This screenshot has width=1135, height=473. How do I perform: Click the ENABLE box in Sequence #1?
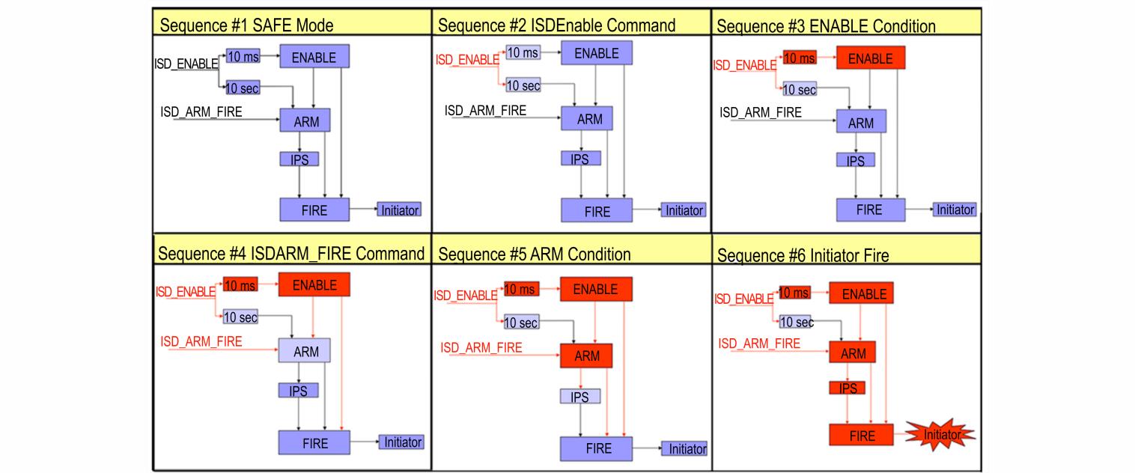coord(314,56)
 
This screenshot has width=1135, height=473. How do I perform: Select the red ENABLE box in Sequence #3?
coord(871,58)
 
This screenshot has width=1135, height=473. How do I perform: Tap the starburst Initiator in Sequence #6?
coord(940,435)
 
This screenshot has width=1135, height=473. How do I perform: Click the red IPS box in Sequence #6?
coord(848,388)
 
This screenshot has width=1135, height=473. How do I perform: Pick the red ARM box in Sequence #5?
coord(586,355)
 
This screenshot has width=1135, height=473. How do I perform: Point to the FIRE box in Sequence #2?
coord(597,210)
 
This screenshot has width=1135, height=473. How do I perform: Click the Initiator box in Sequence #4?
coord(402,442)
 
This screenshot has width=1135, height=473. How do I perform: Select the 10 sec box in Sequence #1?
coord(243,88)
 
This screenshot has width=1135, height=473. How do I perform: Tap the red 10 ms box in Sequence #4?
coord(240,284)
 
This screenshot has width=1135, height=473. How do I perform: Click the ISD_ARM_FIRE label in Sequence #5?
coord(481,347)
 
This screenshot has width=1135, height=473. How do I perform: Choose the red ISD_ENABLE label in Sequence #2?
coord(467,60)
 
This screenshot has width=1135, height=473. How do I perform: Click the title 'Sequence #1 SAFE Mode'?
coord(247,25)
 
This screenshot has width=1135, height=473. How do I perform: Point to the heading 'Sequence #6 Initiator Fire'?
coord(803,255)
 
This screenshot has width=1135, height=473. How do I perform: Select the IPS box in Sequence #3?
coord(855,160)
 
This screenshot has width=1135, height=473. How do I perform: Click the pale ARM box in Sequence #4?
coord(305,350)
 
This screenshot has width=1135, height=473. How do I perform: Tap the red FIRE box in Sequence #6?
coord(862,435)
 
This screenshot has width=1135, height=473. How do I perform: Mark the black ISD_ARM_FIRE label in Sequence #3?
coord(761,112)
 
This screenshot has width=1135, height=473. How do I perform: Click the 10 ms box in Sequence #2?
coord(523,52)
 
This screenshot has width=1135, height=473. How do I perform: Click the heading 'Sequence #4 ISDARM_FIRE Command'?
coord(291,253)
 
